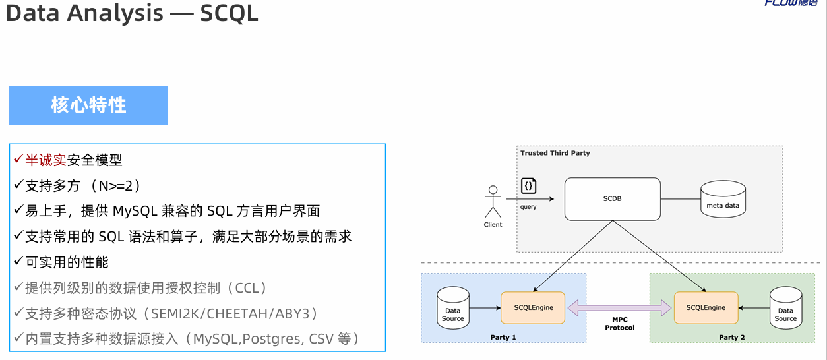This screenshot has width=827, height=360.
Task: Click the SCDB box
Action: click(612, 198)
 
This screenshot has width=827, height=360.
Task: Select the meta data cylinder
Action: click(723, 199)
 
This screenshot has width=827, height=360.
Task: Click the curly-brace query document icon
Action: click(528, 186)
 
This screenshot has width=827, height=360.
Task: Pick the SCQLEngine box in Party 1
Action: click(533, 307)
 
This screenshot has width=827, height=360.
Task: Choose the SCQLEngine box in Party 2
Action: click(706, 307)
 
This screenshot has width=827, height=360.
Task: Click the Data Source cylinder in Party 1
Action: click(452, 308)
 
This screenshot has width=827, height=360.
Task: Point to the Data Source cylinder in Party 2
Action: click(785, 308)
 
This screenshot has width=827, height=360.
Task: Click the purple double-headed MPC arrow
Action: click(620, 307)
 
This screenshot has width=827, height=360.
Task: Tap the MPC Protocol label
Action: click(620, 324)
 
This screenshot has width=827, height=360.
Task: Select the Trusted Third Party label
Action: click(555, 153)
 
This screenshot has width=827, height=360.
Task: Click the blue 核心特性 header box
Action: click(88, 105)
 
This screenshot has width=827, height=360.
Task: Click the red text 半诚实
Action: click(46, 160)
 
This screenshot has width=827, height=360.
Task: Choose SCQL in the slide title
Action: click(230, 13)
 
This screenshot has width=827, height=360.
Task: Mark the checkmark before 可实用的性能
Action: click(18, 262)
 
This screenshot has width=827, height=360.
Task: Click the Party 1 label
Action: click(503, 337)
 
